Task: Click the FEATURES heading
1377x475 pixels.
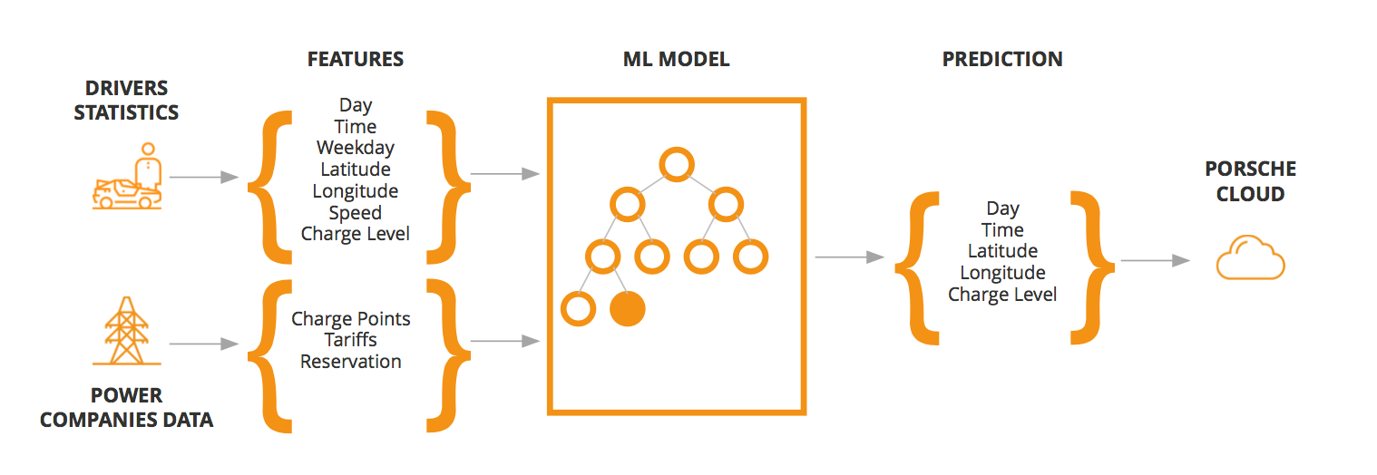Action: click(355, 60)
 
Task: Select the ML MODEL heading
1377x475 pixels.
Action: click(676, 60)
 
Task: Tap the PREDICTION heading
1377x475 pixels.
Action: click(1001, 60)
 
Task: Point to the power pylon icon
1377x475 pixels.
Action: click(127, 334)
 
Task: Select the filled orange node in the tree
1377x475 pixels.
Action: click(627, 309)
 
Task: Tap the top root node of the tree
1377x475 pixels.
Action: click(676, 165)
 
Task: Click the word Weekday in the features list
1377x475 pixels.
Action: click(356, 148)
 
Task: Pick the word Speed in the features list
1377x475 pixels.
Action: click(356, 213)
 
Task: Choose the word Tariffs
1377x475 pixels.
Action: click(351, 340)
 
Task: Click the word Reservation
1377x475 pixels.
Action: click(351, 362)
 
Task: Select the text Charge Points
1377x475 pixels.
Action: click(351, 319)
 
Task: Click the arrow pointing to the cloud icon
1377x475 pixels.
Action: click(1155, 260)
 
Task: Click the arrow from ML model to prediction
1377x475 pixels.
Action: click(849, 257)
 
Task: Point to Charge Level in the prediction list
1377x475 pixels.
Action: click(1002, 295)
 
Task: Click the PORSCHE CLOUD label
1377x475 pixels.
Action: click(1250, 181)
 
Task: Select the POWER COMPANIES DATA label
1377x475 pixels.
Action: click(127, 408)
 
